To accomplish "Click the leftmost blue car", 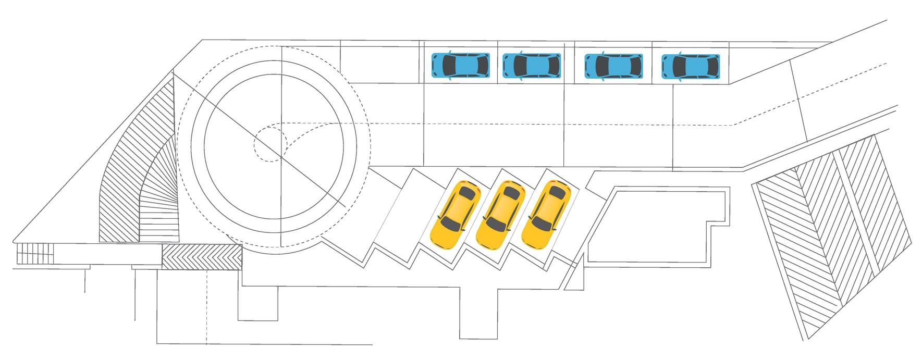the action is point(461,65).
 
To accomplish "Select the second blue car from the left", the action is point(532,65).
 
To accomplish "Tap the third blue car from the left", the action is point(613,66).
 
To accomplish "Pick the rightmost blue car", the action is point(691,66).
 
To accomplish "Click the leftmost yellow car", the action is point(456,215).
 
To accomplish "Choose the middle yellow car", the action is point(501,215).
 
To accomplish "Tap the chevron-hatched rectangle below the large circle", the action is point(202,257).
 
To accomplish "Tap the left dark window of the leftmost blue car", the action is point(449,65).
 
